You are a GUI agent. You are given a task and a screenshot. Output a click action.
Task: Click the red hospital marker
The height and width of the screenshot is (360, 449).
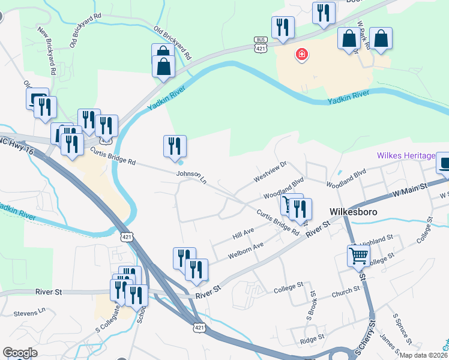click(x=302, y=56)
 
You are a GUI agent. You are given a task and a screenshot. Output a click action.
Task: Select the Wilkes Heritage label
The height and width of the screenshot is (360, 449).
click(x=406, y=156)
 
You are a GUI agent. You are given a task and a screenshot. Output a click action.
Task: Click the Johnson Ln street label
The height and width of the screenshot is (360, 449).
click(x=191, y=176)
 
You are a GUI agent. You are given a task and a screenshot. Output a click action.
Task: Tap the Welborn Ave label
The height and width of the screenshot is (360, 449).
click(x=246, y=251)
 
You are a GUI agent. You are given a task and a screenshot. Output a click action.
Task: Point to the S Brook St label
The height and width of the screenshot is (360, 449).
click(x=312, y=304)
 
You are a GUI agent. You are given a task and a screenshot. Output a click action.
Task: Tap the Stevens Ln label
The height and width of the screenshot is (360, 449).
click(x=29, y=313)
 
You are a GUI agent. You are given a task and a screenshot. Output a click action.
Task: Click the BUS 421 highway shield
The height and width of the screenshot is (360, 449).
click(x=260, y=44)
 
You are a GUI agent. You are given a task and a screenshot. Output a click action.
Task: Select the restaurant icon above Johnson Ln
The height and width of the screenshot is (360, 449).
click(x=175, y=146)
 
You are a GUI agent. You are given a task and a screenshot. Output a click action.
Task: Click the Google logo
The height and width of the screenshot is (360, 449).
click(x=20, y=353)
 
